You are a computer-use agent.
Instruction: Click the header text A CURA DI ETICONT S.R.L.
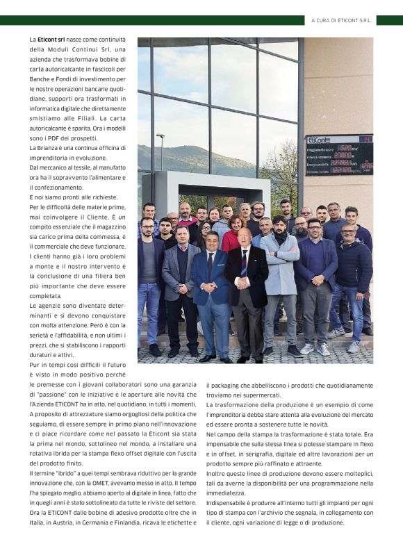coord(341,21)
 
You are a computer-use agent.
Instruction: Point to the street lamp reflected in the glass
coord(160,149)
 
